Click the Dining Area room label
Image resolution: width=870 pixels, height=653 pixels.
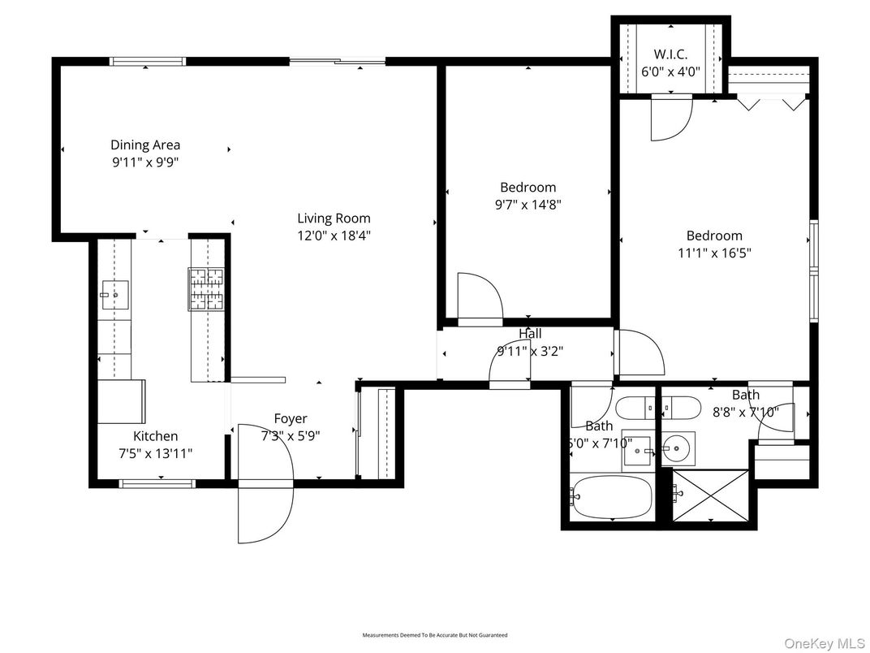[x=145, y=145]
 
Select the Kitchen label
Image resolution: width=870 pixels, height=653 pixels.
[x=155, y=436]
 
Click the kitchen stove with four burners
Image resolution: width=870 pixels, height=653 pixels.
[x=206, y=289]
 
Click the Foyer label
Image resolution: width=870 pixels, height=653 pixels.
[x=290, y=418]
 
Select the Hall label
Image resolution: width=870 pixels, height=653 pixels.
[x=530, y=334]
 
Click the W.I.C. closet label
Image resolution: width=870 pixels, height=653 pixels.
[x=670, y=54]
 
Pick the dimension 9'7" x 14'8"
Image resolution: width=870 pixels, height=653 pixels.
[x=528, y=205]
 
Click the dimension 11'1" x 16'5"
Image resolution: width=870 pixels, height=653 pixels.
[x=714, y=253]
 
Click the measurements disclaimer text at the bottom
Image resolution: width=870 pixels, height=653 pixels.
[x=434, y=634]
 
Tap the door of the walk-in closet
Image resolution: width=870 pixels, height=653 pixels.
[x=670, y=115]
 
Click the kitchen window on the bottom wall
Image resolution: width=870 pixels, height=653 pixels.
[x=157, y=484]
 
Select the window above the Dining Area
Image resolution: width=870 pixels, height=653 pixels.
[x=148, y=61]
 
